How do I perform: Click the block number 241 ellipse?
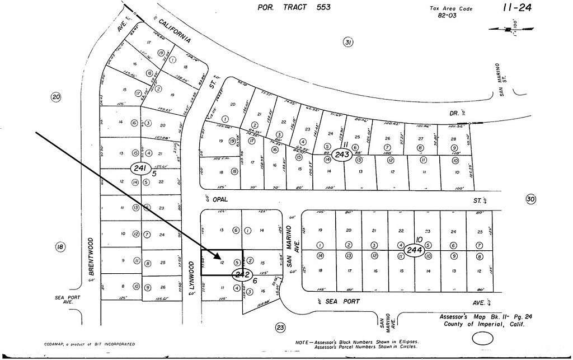[x=138, y=168]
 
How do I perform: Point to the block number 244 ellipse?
[x=415, y=249]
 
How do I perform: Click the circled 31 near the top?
[x=349, y=43]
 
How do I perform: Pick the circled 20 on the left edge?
[x=56, y=97]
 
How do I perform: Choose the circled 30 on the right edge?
[x=531, y=199]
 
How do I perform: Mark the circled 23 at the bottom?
[x=280, y=328]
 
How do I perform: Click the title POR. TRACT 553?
[x=294, y=7]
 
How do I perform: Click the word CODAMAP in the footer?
[x=57, y=344]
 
